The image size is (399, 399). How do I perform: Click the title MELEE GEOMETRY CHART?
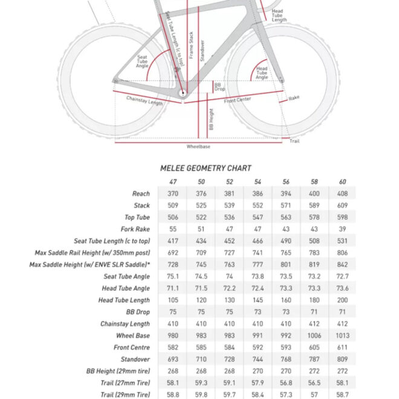[x=206, y=168]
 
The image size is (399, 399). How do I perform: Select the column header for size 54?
[x=258, y=182]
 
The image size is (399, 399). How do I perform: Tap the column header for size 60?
[x=343, y=182]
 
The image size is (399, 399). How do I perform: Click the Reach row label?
[x=141, y=193]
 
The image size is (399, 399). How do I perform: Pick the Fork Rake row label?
[x=135, y=229]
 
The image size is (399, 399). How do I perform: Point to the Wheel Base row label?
[x=133, y=336]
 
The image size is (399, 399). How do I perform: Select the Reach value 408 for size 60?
[x=343, y=193]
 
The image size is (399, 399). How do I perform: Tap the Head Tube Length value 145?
[x=258, y=300]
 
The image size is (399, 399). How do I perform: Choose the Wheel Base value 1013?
[x=343, y=336]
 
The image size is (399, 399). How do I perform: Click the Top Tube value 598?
[x=343, y=218]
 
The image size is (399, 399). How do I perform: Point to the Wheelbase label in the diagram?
[x=198, y=146]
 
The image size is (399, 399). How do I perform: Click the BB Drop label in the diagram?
[x=218, y=87]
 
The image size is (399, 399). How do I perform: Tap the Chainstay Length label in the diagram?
[x=144, y=100]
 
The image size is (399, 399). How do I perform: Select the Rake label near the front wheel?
[x=294, y=97]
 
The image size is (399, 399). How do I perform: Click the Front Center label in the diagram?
[x=238, y=100]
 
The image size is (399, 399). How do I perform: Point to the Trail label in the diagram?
[x=294, y=141]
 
